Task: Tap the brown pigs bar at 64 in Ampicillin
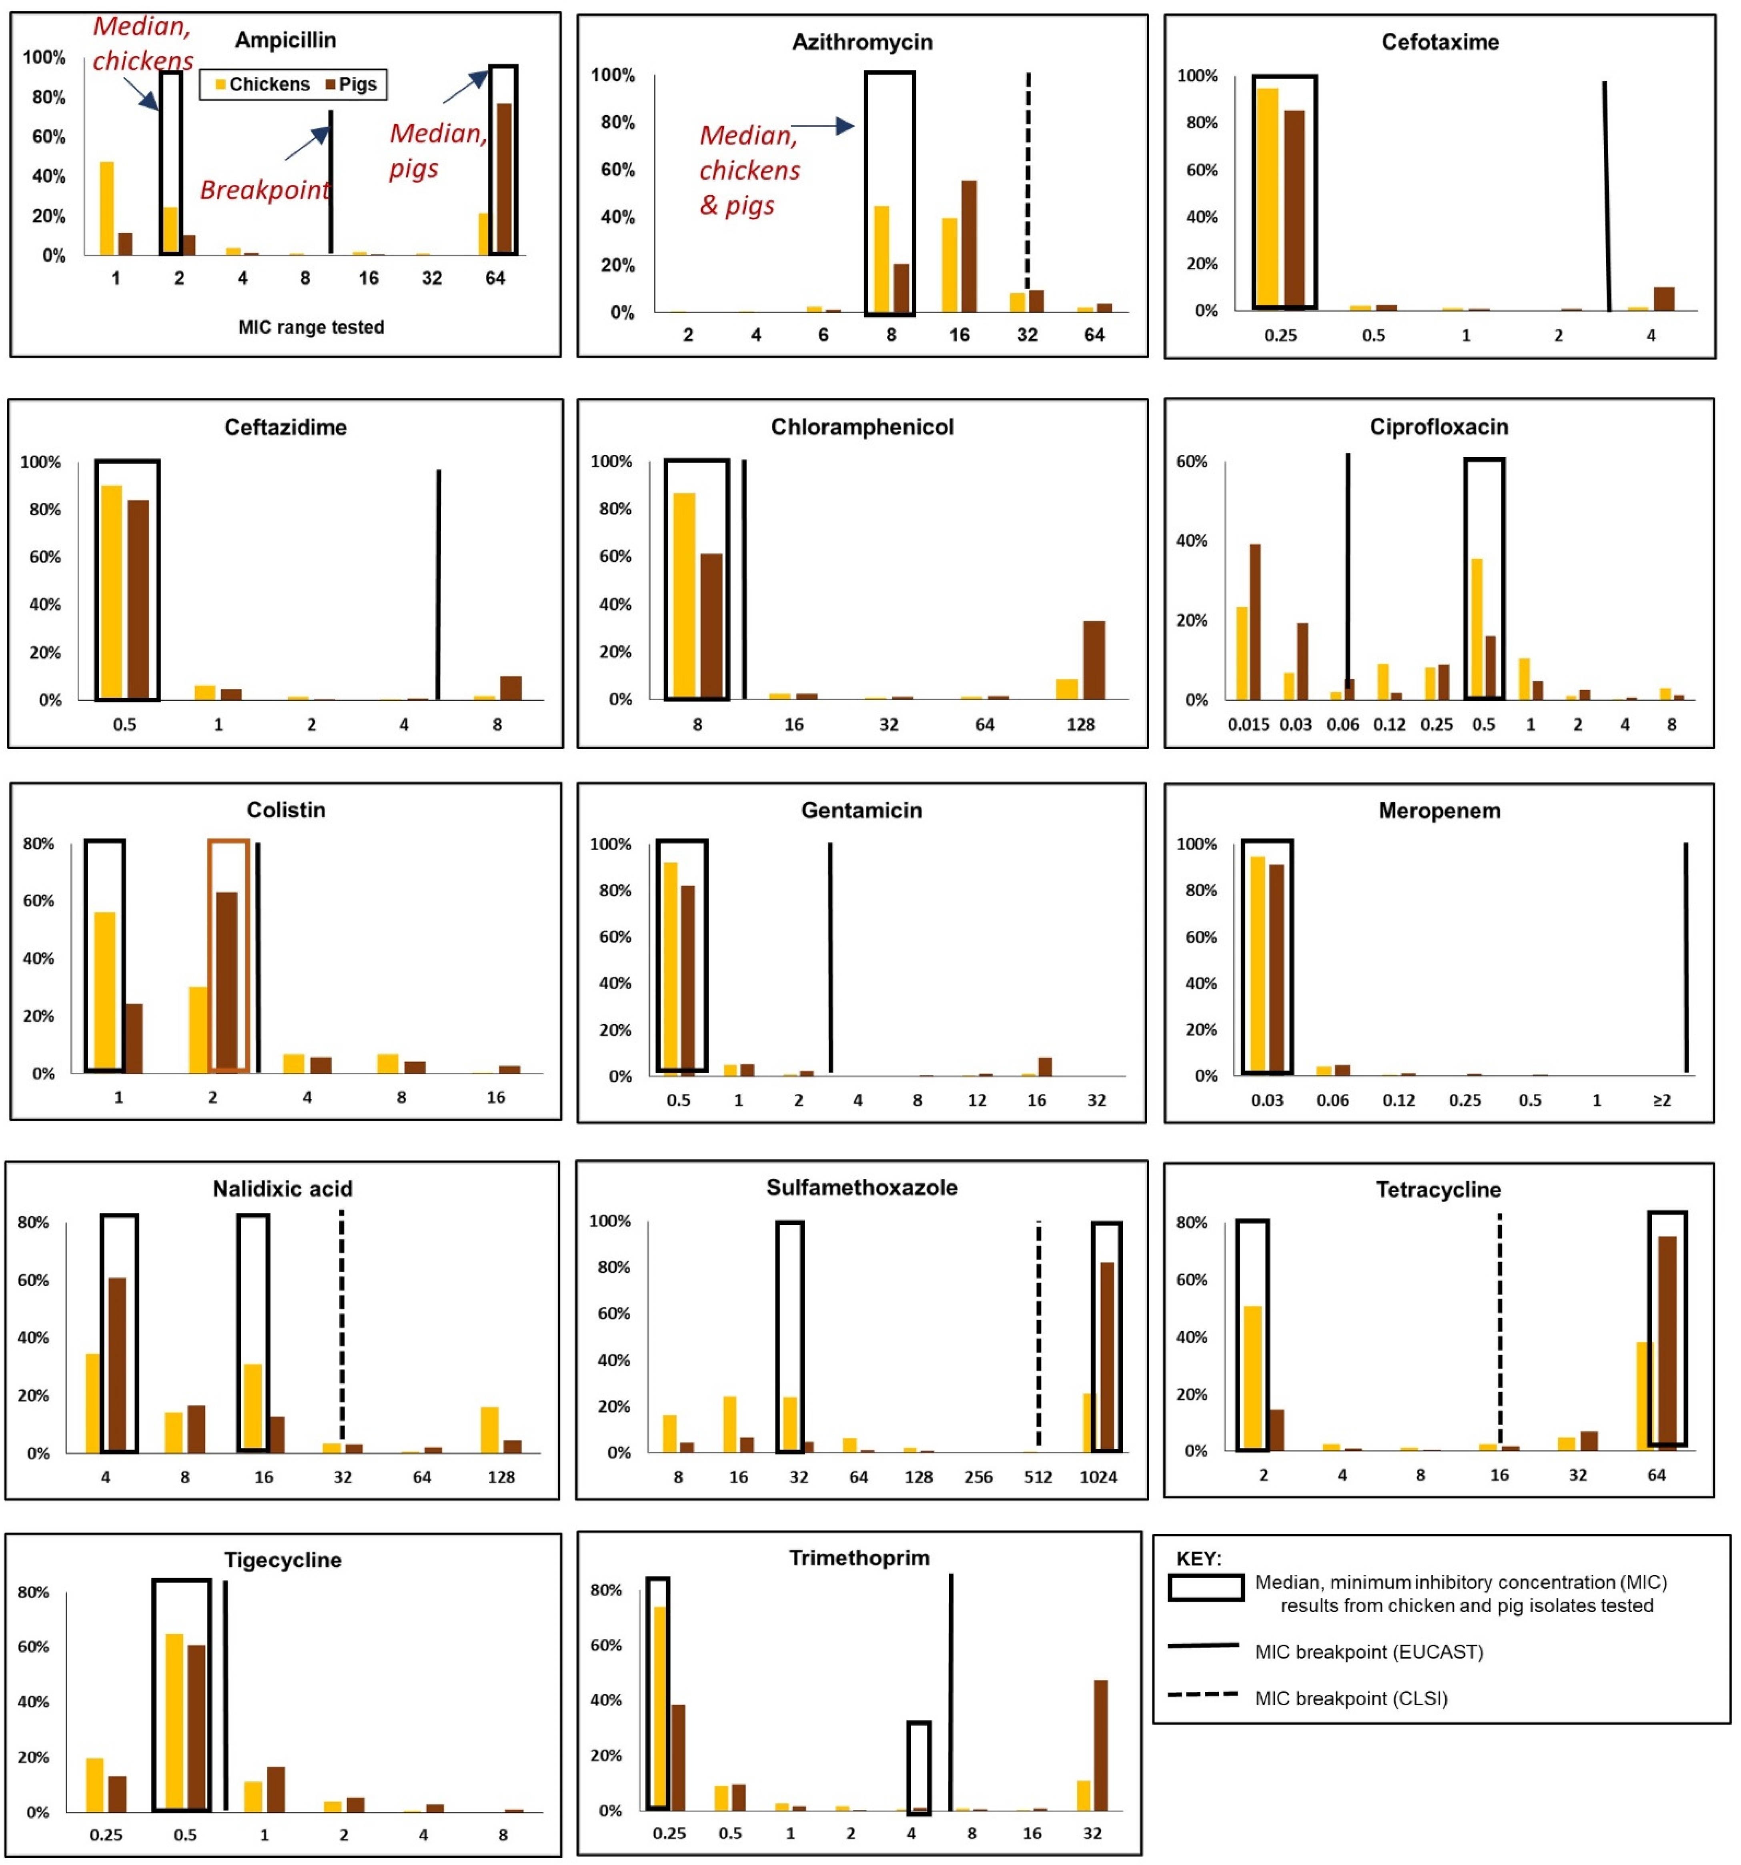pos(504,178)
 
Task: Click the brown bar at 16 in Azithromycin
pos(969,246)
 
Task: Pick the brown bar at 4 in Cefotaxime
pos(1663,298)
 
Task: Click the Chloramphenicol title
pos(861,427)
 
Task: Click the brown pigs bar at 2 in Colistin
pos(227,981)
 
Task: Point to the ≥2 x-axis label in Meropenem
pos(1661,1099)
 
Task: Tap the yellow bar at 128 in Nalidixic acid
pos(490,1430)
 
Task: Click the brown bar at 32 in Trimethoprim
pos(1100,1745)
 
